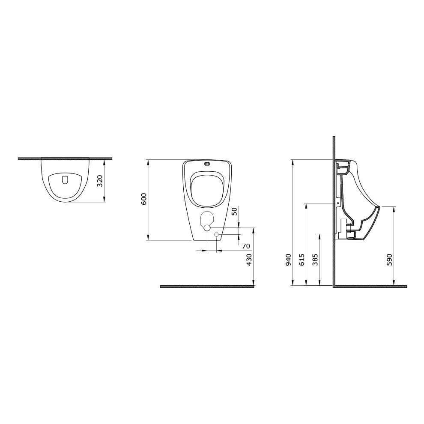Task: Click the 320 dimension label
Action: [100, 181]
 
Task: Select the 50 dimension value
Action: [235, 211]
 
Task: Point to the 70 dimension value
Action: [246, 246]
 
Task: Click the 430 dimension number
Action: [249, 260]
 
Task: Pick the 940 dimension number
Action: [288, 260]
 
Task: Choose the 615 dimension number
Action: [302, 260]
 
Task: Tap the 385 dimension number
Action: [315, 260]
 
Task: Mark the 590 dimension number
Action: [389, 260]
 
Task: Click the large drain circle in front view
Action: [207, 228]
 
